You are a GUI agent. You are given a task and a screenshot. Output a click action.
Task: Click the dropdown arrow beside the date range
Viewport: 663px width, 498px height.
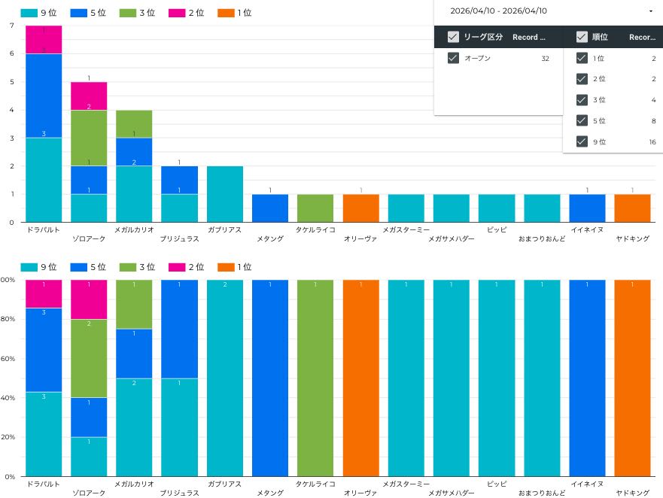tap(650, 11)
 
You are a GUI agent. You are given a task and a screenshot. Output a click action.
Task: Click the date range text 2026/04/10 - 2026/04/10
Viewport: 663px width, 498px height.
tap(498, 11)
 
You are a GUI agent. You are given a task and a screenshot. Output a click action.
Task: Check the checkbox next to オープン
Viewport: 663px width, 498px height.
tap(453, 58)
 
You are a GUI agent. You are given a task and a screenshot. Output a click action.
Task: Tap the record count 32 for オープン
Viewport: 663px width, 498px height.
tap(545, 58)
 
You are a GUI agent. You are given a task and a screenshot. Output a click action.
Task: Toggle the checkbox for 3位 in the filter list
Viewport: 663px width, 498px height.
tap(581, 99)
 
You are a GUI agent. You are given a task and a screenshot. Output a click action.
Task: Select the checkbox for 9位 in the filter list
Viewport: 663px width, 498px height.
tap(581, 141)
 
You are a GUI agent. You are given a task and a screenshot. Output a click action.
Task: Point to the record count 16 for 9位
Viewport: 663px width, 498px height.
tap(652, 141)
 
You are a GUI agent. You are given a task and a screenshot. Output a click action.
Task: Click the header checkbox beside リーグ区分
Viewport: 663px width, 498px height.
tap(453, 37)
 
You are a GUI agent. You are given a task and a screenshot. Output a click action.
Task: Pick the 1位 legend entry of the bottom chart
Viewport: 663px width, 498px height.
tap(234, 267)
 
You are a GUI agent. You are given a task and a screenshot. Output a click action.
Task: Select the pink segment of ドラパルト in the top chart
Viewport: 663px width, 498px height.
tap(44, 40)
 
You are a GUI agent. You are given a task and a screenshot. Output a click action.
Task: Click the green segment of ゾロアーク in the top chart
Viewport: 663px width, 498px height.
tap(89, 138)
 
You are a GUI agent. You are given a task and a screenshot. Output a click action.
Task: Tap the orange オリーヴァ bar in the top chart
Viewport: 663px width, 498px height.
tap(361, 208)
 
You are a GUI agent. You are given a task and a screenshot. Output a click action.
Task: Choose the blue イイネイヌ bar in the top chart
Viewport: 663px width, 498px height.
tap(587, 208)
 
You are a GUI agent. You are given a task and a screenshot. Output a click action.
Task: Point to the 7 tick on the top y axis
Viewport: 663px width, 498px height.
tap(11, 26)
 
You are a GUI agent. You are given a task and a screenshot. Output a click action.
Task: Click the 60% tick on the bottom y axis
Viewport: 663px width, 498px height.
tap(8, 359)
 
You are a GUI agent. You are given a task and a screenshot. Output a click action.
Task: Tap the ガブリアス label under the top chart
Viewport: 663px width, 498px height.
tap(224, 229)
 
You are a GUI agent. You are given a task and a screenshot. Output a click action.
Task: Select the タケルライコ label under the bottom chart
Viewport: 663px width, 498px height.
tap(315, 484)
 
